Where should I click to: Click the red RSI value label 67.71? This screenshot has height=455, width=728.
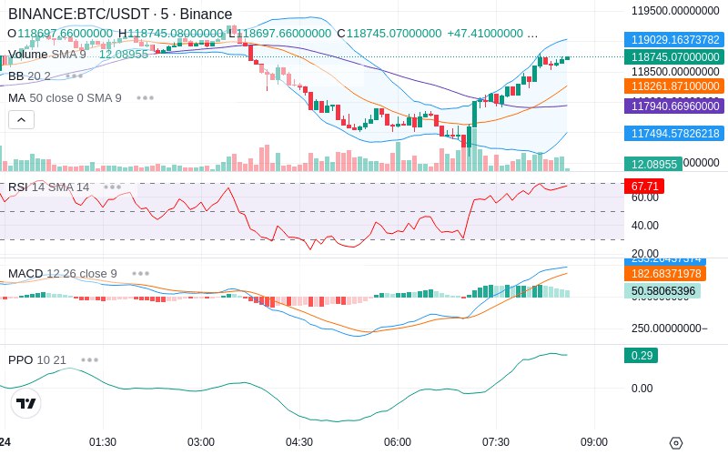[x=644, y=186]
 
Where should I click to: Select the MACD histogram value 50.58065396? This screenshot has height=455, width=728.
[x=662, y=291]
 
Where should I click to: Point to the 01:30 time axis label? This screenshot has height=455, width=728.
[x=103, y=442]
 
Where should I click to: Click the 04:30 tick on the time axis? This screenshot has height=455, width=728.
[x=299, y=442]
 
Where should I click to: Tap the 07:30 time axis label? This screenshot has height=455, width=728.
[x=496, y=442]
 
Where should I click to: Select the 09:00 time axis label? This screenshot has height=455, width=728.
[x=594, y=442]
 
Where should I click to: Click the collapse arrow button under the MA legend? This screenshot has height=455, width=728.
[x=22, y=119]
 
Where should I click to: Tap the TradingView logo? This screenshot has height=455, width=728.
[x=26, y=403]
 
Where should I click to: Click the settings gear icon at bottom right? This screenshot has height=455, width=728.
[x=675, y=443]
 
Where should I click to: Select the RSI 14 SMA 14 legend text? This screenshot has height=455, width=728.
[x=49, y=187]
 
